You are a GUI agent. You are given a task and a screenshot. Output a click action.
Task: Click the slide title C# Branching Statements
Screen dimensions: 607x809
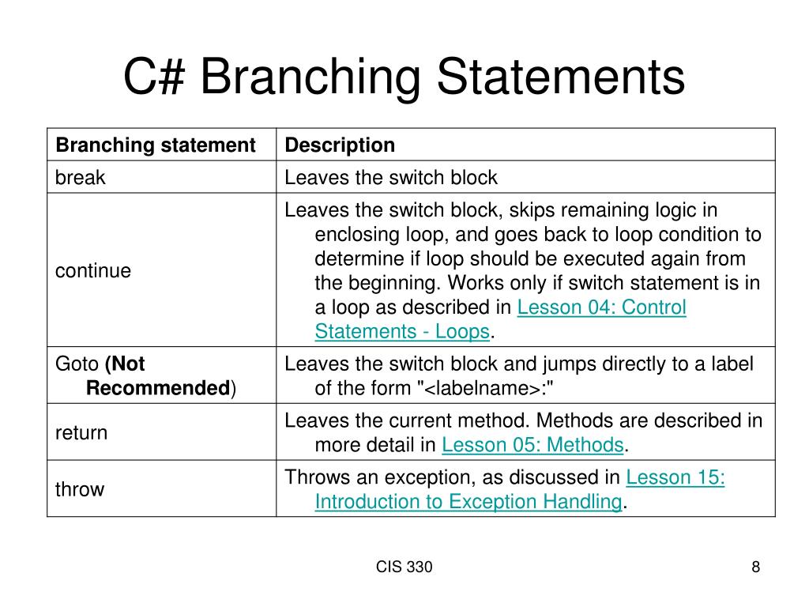coord(404,77)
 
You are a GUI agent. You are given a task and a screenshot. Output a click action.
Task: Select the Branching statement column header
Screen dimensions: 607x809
coord(155,145)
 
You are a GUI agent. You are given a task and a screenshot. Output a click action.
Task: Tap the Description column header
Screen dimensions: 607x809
coord(340,145)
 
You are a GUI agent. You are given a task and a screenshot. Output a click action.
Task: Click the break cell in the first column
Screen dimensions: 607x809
coord(80,178)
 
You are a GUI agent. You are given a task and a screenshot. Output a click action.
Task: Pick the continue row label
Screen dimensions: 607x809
coord(93,271)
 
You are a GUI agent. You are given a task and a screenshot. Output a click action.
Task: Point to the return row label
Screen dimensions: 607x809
coord(81,432)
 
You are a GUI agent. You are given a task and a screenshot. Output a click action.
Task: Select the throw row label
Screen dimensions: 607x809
coord(79,489)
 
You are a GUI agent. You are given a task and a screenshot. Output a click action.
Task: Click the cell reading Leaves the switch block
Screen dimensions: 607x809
coord(391,178)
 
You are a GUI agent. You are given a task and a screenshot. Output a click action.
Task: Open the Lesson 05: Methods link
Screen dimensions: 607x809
coord(532,445)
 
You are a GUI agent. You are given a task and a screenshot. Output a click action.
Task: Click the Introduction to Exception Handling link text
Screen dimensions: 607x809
coord(468,502)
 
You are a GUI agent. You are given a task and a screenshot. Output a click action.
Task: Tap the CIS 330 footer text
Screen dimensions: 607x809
coord(404,567)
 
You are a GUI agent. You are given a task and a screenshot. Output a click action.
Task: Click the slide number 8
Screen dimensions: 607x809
coord(755,567)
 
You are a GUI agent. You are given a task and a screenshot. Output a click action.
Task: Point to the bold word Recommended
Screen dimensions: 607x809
coord(157,388)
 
